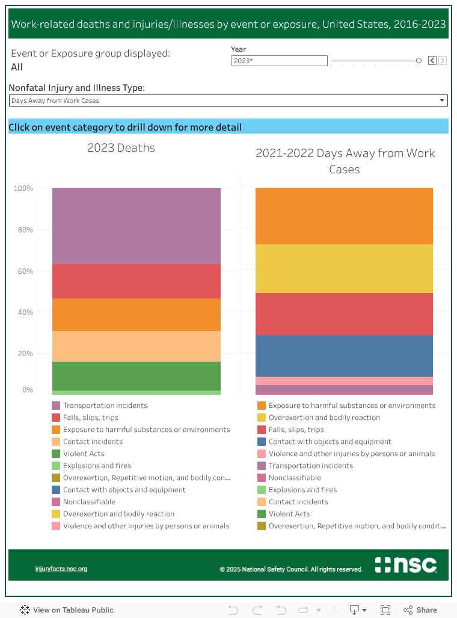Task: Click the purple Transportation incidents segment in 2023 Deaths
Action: tap(136, 226)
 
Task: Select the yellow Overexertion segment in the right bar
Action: tap(344, 268)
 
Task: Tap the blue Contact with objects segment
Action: tap(344, 356)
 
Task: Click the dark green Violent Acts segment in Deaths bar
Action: tap(136, 375)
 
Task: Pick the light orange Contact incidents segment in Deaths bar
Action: tap(136, 346)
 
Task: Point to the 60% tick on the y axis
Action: tap(24, 271)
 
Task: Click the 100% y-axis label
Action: tap(23, 188)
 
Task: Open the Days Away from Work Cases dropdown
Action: tap(228, 100)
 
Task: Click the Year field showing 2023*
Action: tap(279, 61)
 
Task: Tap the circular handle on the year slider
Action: tap(419, 61)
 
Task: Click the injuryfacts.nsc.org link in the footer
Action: tap(61, 569)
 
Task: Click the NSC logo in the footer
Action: tap(405, 565)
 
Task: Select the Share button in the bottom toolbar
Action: tap(420, 610)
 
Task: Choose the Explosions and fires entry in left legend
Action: tap(97, 466)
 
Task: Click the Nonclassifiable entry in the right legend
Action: tap(295, 478)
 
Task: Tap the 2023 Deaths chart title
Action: tap(121, 148)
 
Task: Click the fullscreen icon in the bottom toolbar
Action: tap(385, 610)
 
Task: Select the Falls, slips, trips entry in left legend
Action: tap(90, 418)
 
